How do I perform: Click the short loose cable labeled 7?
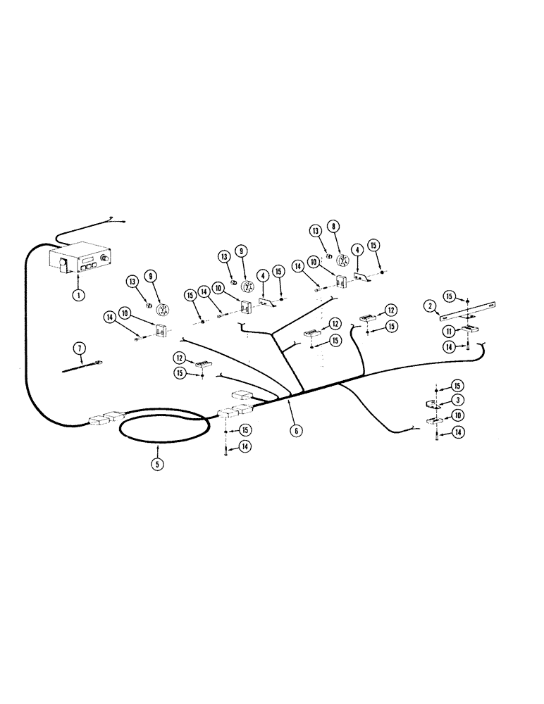click(x=82, y=365)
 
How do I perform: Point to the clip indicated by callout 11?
click(x=467, y=326)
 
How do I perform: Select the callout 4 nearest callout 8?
click(x=359, y=249)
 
